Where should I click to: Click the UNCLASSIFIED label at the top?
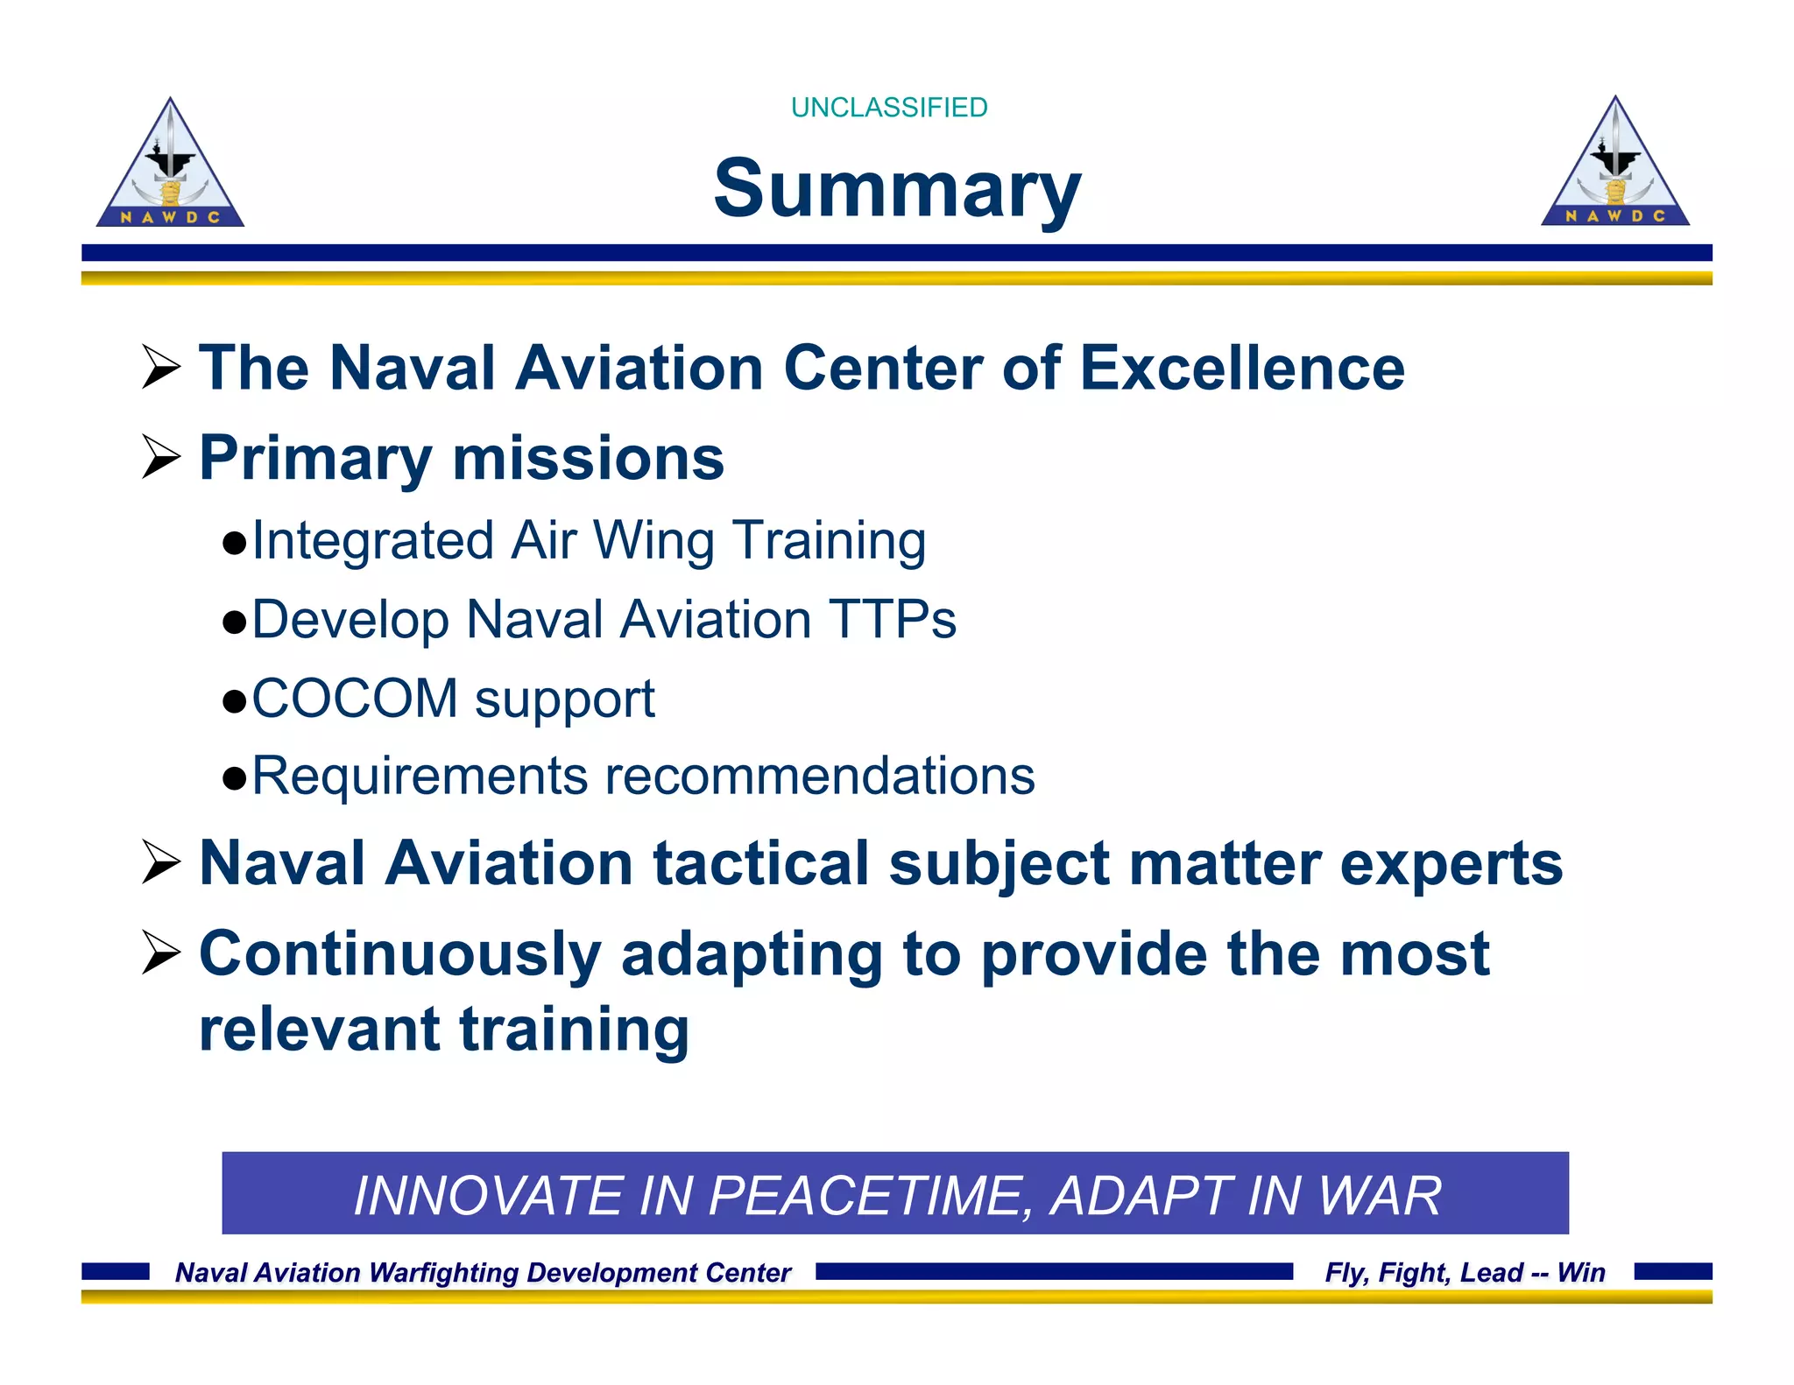click(x=888, y=108)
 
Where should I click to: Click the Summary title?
click(x=897, y=188)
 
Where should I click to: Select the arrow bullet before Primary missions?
click(x=161, y=457)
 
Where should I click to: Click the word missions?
click(x=588, y=458)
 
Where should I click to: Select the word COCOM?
click(x=355, y=699)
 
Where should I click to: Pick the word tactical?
click(x=760, y=864)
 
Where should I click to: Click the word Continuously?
click(x=400, y=953)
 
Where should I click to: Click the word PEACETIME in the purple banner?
click(x=865, y=1195)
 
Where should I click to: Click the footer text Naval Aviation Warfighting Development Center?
click(x=483, y=1272)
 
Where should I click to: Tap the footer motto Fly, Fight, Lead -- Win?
click(x=1465, y=1272)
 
